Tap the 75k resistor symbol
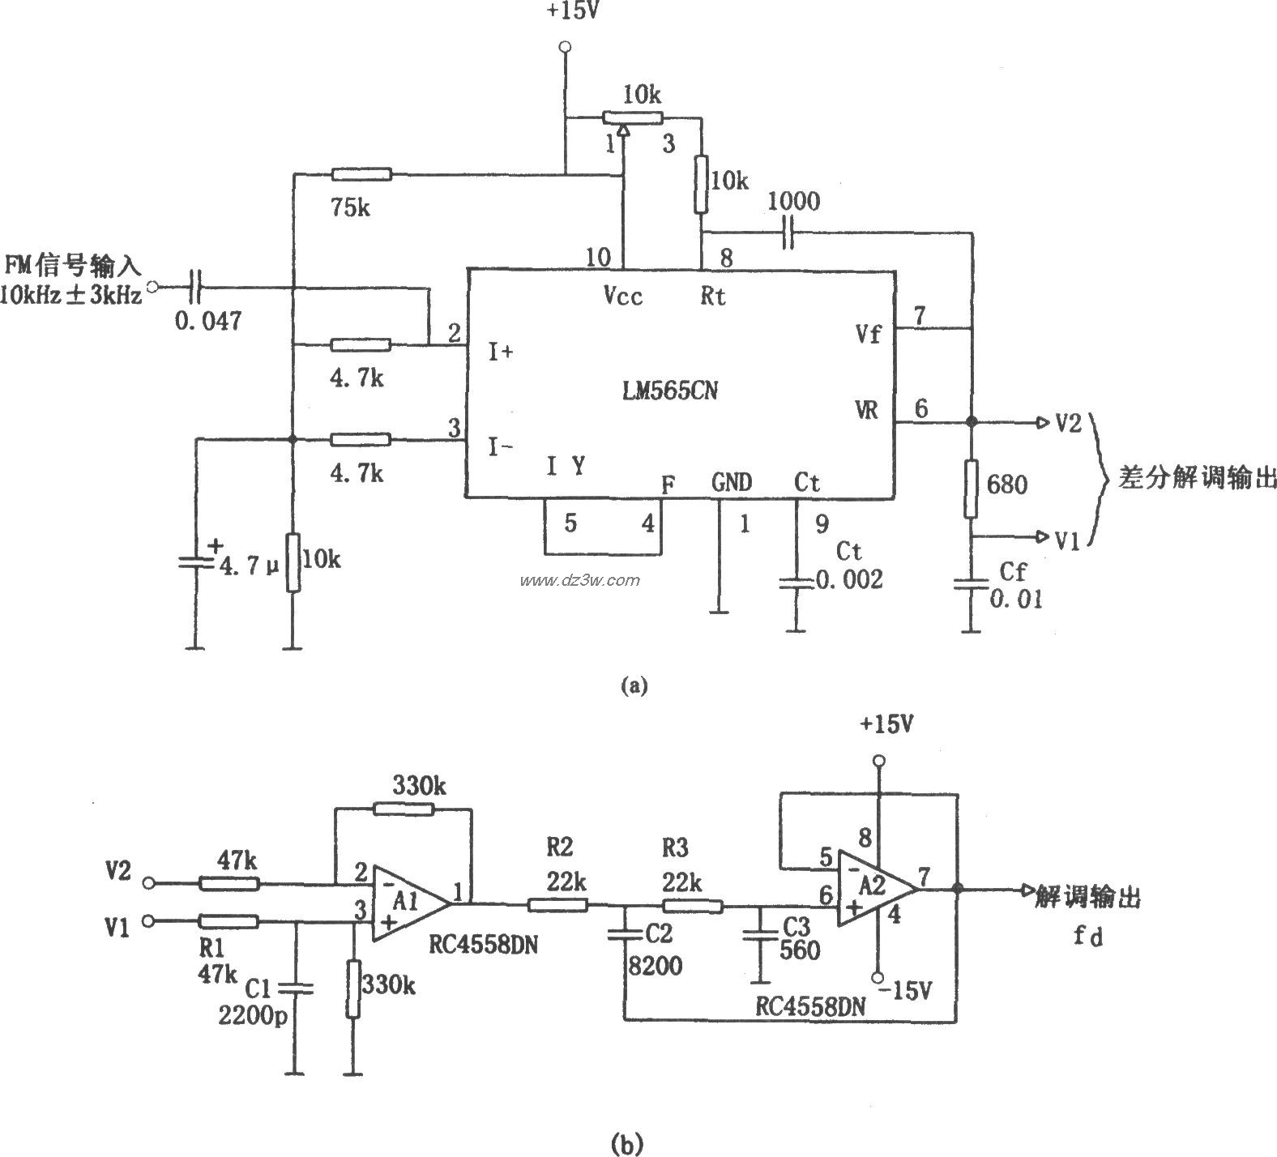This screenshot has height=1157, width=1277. (361, 174)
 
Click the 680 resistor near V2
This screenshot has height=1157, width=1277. (971, 489)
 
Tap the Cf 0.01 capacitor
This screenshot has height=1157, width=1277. (971, 584)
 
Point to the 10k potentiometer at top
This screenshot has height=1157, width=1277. (633, 117)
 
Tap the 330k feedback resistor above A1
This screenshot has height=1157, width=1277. (404, 808)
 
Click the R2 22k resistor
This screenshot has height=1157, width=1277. (557, 904)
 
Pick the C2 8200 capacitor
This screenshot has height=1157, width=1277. (625, 935)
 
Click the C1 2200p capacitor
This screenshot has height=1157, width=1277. (296, 988)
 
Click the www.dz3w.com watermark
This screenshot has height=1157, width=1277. (580, 580)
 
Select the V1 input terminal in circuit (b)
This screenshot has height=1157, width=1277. (148, 921)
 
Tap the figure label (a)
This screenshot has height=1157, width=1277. (633, 686)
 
